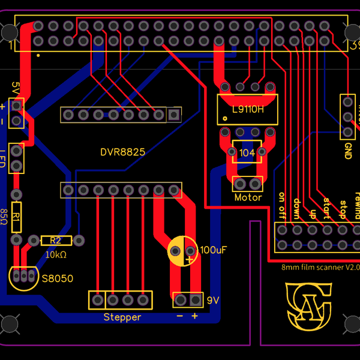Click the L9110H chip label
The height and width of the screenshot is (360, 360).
pos(247,109)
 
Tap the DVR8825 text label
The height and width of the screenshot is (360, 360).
pos(122,152)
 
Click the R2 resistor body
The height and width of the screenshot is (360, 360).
pos(56,241)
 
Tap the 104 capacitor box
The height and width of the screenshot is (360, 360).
pos(247,153)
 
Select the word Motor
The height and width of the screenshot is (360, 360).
pos(248,197)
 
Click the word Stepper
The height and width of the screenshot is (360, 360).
pos(122,317)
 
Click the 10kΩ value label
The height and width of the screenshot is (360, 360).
pos(55,254)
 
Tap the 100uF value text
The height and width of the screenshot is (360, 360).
pos(213,250)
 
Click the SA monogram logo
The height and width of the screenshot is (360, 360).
pos(308,307)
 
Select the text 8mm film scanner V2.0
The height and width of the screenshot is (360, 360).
pos(320,267)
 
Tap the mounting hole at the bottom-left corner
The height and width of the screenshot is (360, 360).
pos(10,325)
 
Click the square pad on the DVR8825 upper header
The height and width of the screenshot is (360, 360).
pos(174,114)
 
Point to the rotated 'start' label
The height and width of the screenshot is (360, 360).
pos(326,208)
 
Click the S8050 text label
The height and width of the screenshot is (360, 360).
pos(57,278)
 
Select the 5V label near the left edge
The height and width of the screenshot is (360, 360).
pos(15,88)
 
